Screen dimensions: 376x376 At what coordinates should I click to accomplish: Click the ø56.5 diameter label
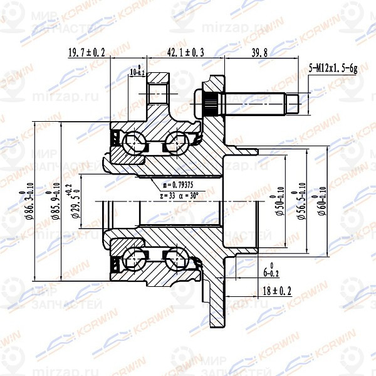click(301, 202)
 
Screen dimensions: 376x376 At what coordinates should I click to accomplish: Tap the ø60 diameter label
click(323, 202)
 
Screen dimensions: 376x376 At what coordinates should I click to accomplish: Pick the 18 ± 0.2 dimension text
click(278, 291)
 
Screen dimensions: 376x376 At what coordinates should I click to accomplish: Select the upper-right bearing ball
click(178, 142)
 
